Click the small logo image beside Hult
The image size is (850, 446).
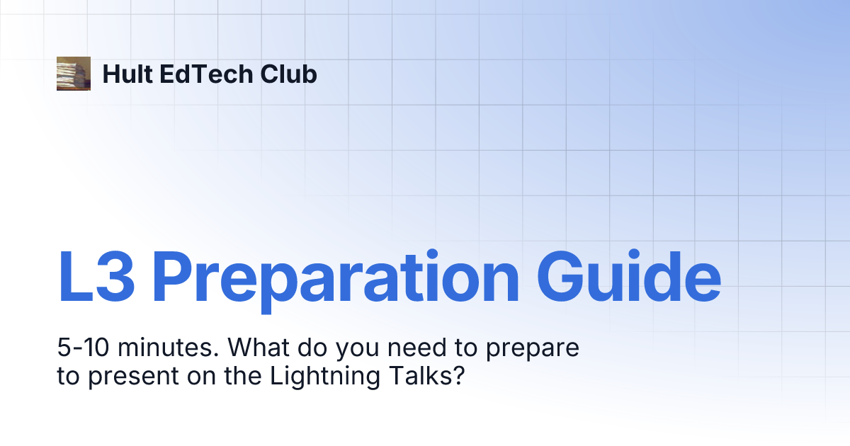point(74,74)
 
